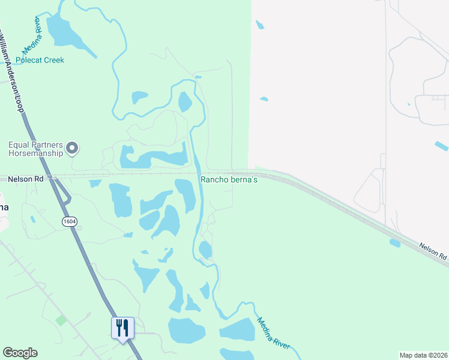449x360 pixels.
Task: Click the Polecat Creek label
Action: point(40,60)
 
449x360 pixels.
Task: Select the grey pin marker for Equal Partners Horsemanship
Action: point(73,148)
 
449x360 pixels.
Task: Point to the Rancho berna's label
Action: point(229,179)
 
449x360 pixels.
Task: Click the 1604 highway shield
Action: point(69,221)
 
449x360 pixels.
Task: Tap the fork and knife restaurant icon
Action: point(122,328)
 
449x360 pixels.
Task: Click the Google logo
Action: point(20,353)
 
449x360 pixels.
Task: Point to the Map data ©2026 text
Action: point(424,355)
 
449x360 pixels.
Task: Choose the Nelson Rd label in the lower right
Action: point(433,251)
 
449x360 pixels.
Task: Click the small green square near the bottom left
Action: point(61,320)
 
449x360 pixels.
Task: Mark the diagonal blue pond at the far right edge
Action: point(441,146)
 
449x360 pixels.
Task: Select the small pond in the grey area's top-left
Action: point(259,25)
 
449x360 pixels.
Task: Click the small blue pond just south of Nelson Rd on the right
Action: point(395,243)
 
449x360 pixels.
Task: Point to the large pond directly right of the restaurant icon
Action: point(187,331)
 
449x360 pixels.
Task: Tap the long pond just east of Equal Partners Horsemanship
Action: point(153,158)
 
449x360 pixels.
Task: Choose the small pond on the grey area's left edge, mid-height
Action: point(264,98)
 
